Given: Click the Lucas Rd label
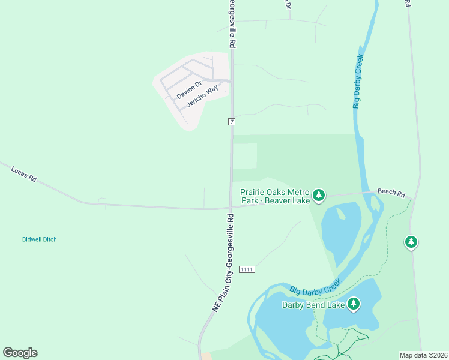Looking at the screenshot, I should [24, 175].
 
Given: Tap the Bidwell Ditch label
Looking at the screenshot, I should [40, 239].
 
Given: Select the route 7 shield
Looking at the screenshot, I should [231, 122].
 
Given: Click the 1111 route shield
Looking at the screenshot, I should [247, 269].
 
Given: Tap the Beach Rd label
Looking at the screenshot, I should [391, 193].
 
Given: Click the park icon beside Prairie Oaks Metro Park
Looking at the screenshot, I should [319, 195].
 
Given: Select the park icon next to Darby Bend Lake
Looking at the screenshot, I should [354, 304].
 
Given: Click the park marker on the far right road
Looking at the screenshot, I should [411, 242].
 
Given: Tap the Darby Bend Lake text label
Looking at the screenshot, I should [313, 305].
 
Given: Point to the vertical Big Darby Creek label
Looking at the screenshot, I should [358, 81].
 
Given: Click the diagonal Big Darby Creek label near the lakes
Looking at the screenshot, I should [316, 286].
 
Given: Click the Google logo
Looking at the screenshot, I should [20, 353].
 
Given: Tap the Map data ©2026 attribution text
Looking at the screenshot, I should [423, 355].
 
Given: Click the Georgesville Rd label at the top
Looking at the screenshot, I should [231, 24].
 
